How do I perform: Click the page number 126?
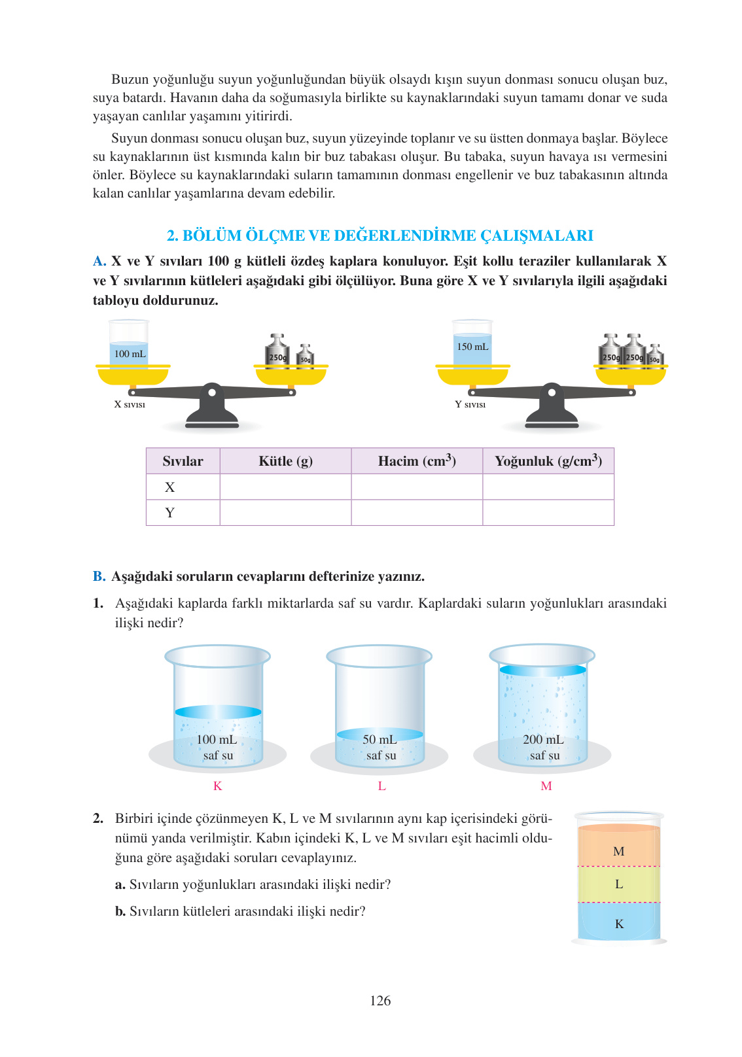click(x=380, y=1001)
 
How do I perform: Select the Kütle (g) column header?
click(x=285, y=461)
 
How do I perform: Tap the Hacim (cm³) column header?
click(x=417, y=461)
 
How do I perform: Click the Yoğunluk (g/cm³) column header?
click(x=548, y=461)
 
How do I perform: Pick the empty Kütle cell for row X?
click(x=285, y=487)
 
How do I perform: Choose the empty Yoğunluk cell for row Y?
click(x=548, y=513)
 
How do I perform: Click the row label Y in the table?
click(x=170, y=513)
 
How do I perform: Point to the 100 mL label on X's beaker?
click(x=130, y=354)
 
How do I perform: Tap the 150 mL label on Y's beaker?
click(x=472, y=347)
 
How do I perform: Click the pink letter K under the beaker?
click(x=218, y=786)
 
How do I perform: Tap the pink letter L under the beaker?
click(x=381, y=786)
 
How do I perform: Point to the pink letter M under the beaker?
click(x=546, y=786)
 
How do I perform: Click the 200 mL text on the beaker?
click(x=543, y=740)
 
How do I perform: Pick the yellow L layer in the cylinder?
click(x=618, y=884)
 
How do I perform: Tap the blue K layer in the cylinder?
click(x=618, y=922)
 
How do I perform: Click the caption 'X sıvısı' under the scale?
click(x=130, y=405)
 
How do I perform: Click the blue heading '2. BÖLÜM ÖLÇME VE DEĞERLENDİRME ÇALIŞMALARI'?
click(x=380, y=235)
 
